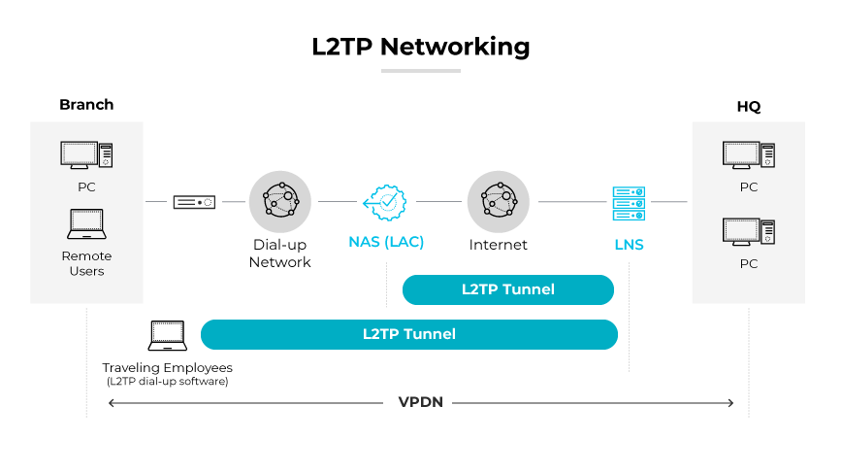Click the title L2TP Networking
420,46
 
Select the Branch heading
86,105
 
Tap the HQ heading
748,107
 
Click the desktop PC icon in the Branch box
86,155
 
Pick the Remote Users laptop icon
86,224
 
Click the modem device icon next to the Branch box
194,202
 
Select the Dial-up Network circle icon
279,201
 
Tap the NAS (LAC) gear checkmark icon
386,202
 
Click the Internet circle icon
498,201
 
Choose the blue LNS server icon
629,204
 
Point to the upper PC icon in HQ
748,155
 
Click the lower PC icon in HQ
748,232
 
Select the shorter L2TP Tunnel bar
508,289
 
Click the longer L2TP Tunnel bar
408,334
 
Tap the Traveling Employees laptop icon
167,336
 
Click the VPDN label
420,402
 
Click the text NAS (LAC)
386,243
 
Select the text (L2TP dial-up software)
167,382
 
